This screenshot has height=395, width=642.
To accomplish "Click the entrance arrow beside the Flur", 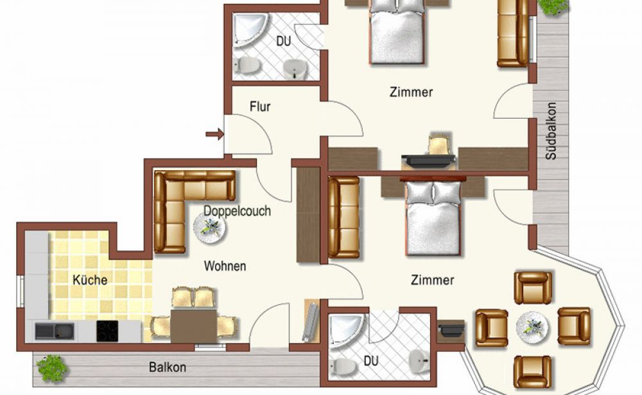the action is click(x=214, y=134).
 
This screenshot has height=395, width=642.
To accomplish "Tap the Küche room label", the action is click(x=90, y=280).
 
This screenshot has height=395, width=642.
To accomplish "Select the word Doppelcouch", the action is click(x=237, y=211).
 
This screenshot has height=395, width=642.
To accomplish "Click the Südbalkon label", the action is click(x=551, y=131).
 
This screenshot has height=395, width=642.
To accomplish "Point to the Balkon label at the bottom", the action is click(x=168, y=367).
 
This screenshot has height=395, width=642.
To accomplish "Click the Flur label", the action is click(x=260, y=107).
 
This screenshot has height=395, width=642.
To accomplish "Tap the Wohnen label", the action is click(x=225, y=267).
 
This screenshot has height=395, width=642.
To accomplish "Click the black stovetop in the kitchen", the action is click(x=107, y=331).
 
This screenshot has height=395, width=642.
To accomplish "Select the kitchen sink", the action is click(x=55, y=331).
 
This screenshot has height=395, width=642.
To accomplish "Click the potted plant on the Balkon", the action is click(x=51, y=368).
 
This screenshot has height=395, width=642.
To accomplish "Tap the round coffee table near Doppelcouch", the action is click(x=209, y=228).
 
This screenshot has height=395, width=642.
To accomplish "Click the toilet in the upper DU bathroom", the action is click(x=247, y=64).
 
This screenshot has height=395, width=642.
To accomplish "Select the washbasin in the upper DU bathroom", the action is click(x=295, y=69).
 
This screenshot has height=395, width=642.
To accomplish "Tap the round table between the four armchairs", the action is click(x=532, y=327).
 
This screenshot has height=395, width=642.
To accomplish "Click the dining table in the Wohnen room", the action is click(x=194, y=326).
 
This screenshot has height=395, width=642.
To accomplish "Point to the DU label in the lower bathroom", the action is click(x=371, y=361).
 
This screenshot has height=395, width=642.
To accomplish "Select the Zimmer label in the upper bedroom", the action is click(x=411, y=92).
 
